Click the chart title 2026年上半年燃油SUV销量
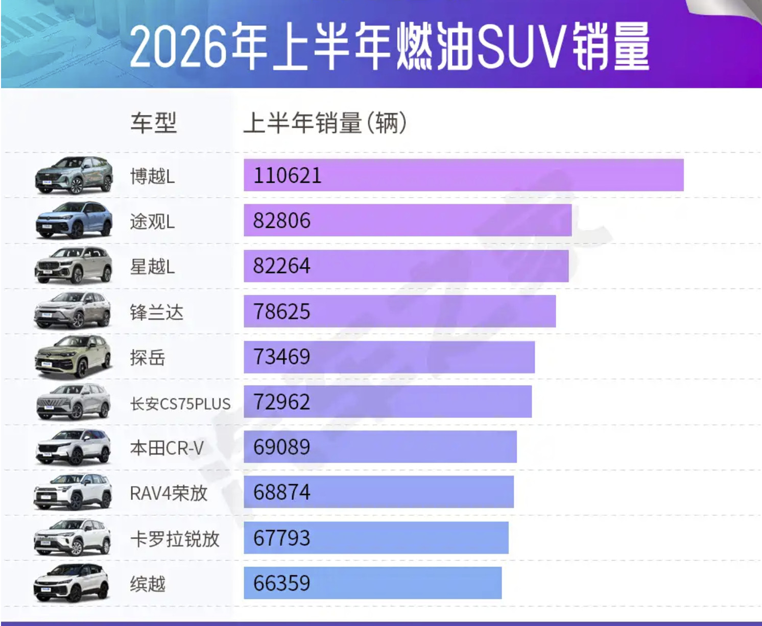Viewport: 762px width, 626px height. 390,46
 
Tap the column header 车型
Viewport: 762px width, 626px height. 154,123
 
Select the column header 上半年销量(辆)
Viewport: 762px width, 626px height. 325,123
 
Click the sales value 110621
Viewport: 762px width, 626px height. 287,176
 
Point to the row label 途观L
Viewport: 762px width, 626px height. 152,222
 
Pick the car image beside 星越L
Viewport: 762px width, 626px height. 74,266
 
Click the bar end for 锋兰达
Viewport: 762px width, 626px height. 555,311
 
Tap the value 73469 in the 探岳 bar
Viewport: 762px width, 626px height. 282,357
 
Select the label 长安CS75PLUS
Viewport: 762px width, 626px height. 180,403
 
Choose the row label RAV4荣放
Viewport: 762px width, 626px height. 169,493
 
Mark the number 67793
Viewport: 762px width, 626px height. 282,538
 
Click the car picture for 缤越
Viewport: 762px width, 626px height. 72,583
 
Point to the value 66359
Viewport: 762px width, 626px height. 282,583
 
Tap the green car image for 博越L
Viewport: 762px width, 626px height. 74,176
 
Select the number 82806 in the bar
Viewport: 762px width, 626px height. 282,221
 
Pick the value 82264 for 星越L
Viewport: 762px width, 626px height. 282,266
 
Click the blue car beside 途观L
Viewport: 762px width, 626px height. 74,221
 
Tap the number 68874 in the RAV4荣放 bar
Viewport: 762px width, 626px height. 282,492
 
